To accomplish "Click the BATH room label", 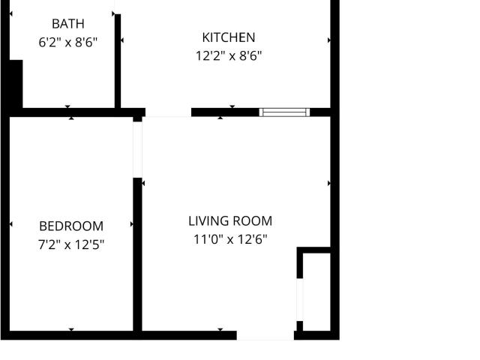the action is click(68, 24).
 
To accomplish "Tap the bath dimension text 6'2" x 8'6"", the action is click(68, 42).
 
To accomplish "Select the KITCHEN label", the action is click(229, 37).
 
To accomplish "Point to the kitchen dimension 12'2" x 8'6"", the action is click(229, 56).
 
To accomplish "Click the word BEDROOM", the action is click(71, 226).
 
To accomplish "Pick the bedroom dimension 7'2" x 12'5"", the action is click(71, 244).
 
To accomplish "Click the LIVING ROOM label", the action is click(230, 221).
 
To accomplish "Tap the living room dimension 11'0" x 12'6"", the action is click(230, 239).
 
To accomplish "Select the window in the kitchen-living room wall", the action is click(284, 112).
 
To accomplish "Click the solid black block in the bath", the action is click(16, 84).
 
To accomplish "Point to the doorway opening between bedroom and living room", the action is click(137, 150).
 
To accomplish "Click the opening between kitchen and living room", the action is click(168, 112).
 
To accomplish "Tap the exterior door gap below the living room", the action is click(265, 335).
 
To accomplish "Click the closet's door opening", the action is click(300, 300).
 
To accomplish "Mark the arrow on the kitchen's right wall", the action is click(329, 40).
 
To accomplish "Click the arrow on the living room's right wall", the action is click(329, 183).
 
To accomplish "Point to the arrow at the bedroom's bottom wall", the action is click(71, 329).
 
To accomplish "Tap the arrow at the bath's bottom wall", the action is click(67, 106).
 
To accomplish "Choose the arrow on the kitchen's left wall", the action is click(122, 40).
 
